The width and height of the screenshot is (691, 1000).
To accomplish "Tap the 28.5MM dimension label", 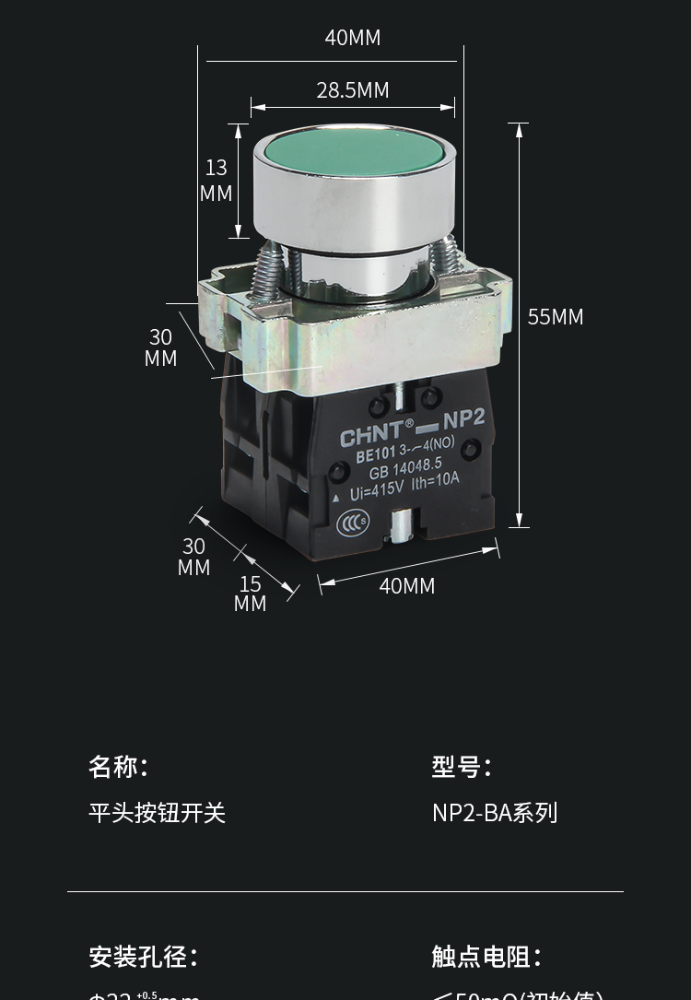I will (x=353, y=89).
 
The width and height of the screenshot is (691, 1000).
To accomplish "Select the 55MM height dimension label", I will (x=556, y=317).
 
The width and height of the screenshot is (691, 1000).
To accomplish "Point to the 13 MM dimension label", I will (x=217, y=181).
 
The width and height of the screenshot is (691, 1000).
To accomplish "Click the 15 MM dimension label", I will (x=251, y=594).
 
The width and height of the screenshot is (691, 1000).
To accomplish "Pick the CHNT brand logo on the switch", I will (x=371, y=433).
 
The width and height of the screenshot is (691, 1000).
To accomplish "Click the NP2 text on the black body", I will (x=463, y=419).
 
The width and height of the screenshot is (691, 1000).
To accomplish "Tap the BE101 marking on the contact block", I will (x=375, y=454).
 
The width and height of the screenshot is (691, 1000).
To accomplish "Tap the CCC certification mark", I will (x=352, y=522).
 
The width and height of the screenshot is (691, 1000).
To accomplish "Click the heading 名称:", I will (x=118, y=766).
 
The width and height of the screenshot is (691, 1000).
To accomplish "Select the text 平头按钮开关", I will (x=157, y=812).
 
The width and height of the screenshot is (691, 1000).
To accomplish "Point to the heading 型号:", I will (x=461, y=766).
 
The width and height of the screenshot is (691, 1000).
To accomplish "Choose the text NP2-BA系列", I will (x=495, y=812).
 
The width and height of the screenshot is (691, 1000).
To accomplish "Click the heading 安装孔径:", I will (x=143, y=956).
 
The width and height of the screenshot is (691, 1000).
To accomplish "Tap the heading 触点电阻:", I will (x=486, y=956).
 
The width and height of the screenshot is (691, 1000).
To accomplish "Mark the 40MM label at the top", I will (x=353, y=38).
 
